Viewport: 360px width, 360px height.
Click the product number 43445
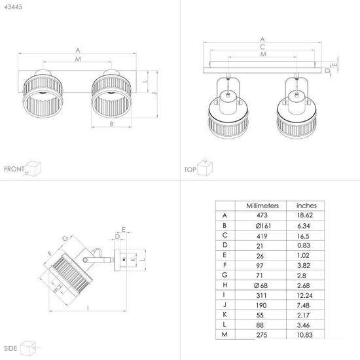point(13,7)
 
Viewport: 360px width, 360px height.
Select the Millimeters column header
point(262,206)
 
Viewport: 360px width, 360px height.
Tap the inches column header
point(306,206)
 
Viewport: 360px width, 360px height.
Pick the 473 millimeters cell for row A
point(262,215)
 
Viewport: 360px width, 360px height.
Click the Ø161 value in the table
point(263,226)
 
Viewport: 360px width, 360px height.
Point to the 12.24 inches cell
point(304,295)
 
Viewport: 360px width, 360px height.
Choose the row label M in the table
point(225,334)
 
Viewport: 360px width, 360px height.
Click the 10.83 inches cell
point(304,335)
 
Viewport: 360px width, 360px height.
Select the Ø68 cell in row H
point(261,285)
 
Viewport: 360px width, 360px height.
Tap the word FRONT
point(14,169)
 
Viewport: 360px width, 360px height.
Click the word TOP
point(190,170)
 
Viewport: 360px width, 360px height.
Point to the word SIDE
point(10,348)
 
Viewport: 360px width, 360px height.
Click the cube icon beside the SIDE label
point(27,348)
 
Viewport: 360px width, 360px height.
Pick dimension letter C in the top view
point(262,47)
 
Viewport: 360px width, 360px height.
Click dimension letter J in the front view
point(154,94)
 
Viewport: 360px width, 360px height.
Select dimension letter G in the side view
point(65,238)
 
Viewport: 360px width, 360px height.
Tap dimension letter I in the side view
point(88,308)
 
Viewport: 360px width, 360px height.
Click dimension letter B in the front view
point(111,124)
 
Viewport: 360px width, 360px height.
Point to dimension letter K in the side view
point(133,259)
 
